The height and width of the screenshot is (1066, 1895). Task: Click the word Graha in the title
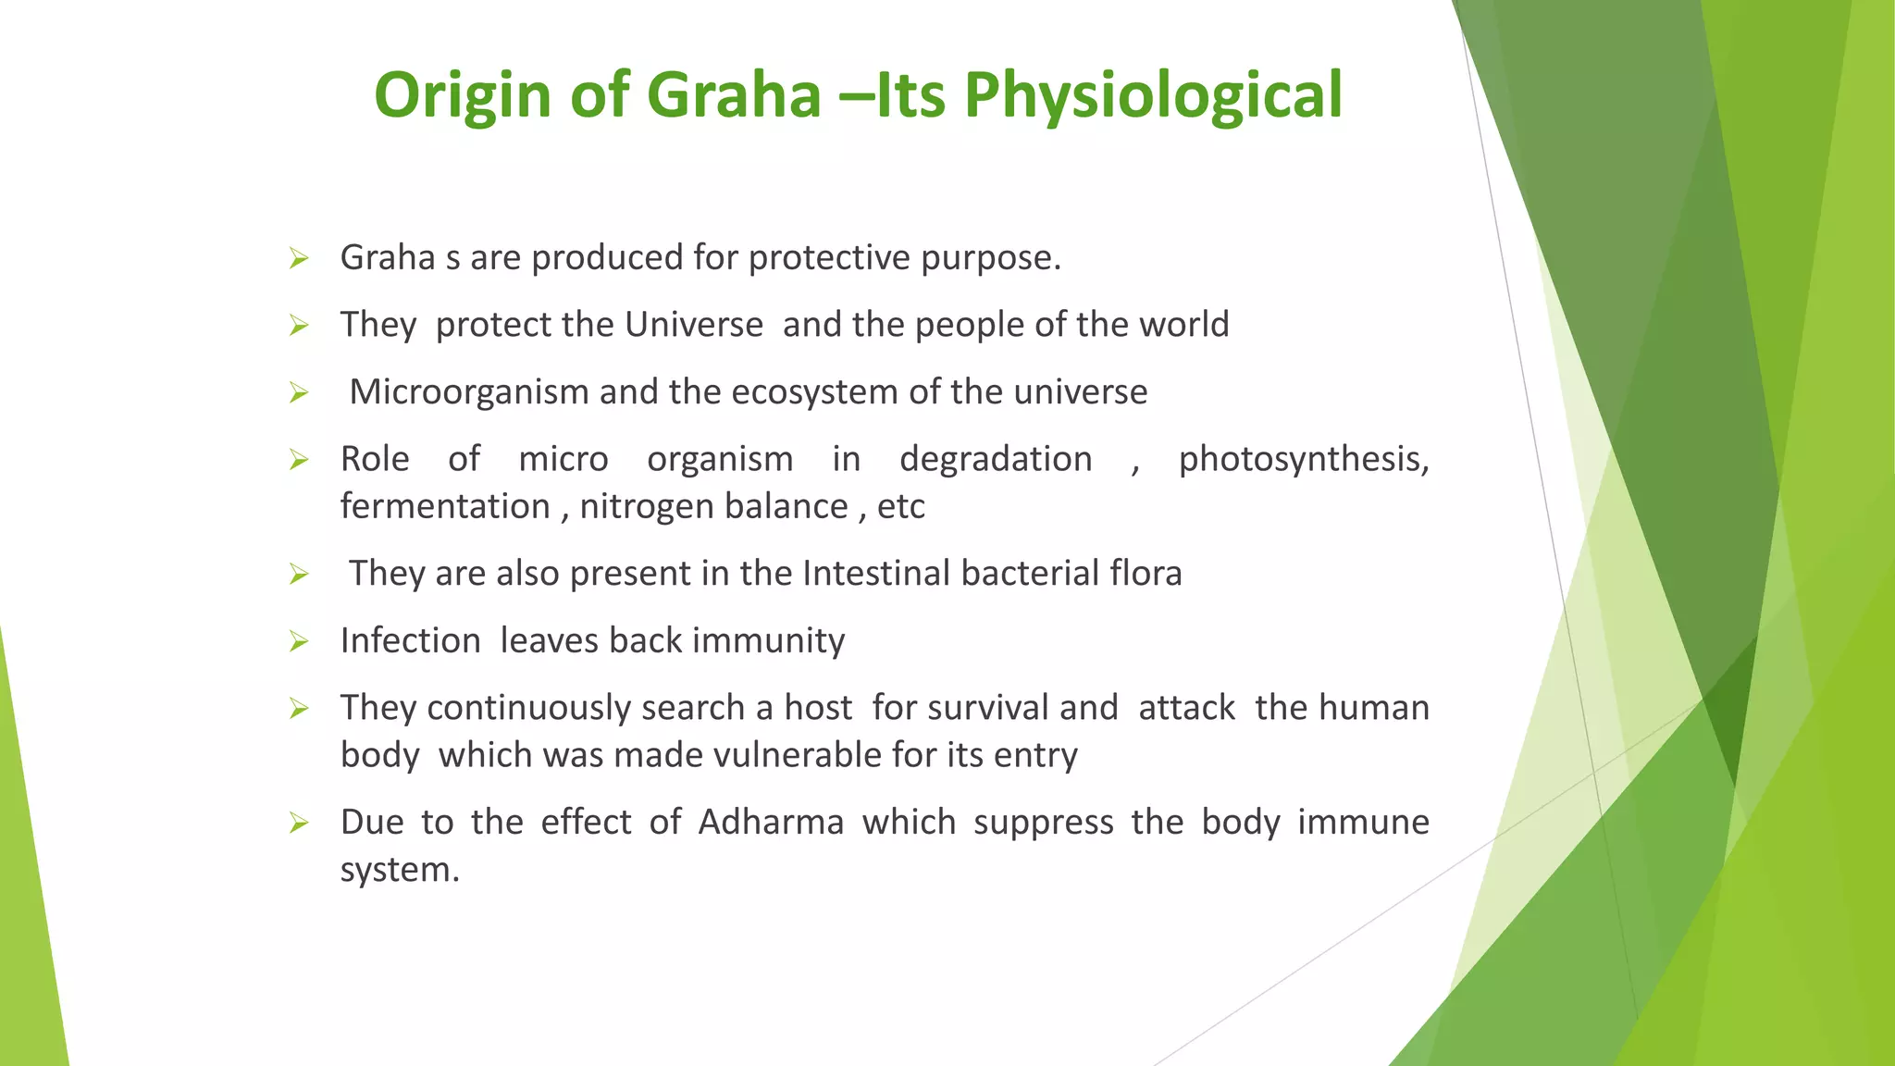click(x=733, y=95)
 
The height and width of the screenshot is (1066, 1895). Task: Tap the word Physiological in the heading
click(x=1152, y=95)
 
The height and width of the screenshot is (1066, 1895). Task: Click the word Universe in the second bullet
click(x=694, y=325)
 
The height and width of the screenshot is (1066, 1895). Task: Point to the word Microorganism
click(x=469, y=392)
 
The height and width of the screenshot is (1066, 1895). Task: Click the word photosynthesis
click(x=1303, y=460)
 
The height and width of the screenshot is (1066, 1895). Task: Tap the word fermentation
click(x=445, y=507)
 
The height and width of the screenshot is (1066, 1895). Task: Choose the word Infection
click(x=410, y=641)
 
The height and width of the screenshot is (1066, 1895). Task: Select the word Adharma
click(x=771, y=823)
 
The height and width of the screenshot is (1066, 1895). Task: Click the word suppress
click(x=1043, y=823)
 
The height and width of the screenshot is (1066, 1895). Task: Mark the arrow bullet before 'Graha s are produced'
click(x=298, y=258)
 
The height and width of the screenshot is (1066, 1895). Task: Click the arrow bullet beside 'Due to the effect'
click(x=298, y=823)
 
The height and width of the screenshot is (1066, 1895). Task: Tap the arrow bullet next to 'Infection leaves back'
click(x=298, y=641)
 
